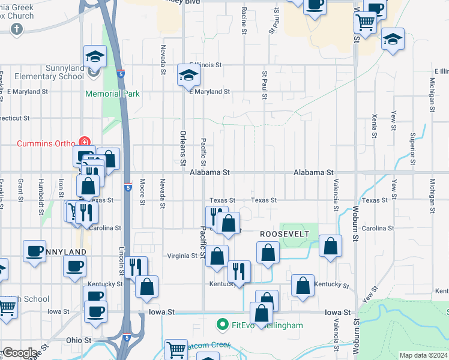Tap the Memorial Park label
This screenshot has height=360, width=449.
[x=112, y=94]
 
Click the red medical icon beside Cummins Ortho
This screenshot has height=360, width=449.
[x=85, y=143]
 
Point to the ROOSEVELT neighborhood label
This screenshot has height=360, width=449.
[x=284, y=233]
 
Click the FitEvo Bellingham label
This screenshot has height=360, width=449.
[x=265, y=325]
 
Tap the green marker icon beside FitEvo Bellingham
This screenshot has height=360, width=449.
[x=221, y=325]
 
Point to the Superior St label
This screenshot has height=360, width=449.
[x=412, y=144]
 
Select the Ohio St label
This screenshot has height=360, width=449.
[x=78, y=340]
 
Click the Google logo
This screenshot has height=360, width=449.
[x=19, y=353]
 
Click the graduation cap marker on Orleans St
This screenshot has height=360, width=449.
[x=188, y=76]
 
